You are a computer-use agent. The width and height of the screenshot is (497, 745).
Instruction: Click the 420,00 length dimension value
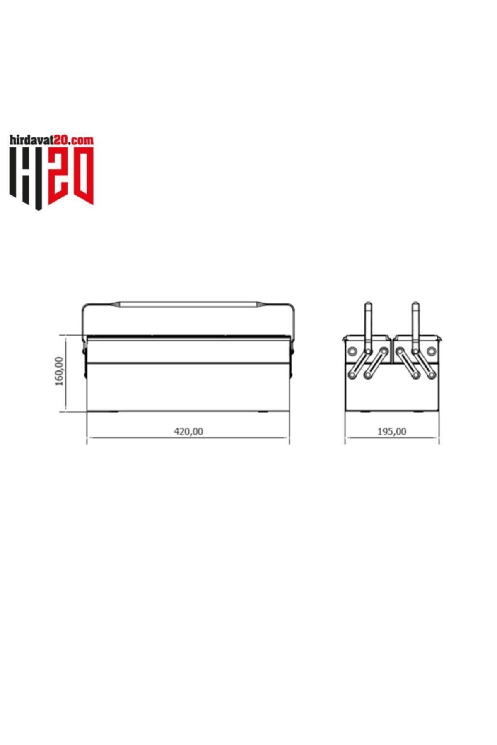[188, 431]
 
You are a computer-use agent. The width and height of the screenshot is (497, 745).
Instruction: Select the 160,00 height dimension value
[59, 371]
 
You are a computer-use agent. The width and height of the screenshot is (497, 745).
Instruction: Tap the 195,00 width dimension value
[392, 431]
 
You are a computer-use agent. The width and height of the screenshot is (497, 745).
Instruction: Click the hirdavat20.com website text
[52, 140]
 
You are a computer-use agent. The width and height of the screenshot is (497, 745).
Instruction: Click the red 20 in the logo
[71, 176]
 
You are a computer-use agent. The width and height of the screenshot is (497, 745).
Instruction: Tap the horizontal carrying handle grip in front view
[188, 305]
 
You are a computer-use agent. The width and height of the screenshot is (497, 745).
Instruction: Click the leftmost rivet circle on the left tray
[352, 351]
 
